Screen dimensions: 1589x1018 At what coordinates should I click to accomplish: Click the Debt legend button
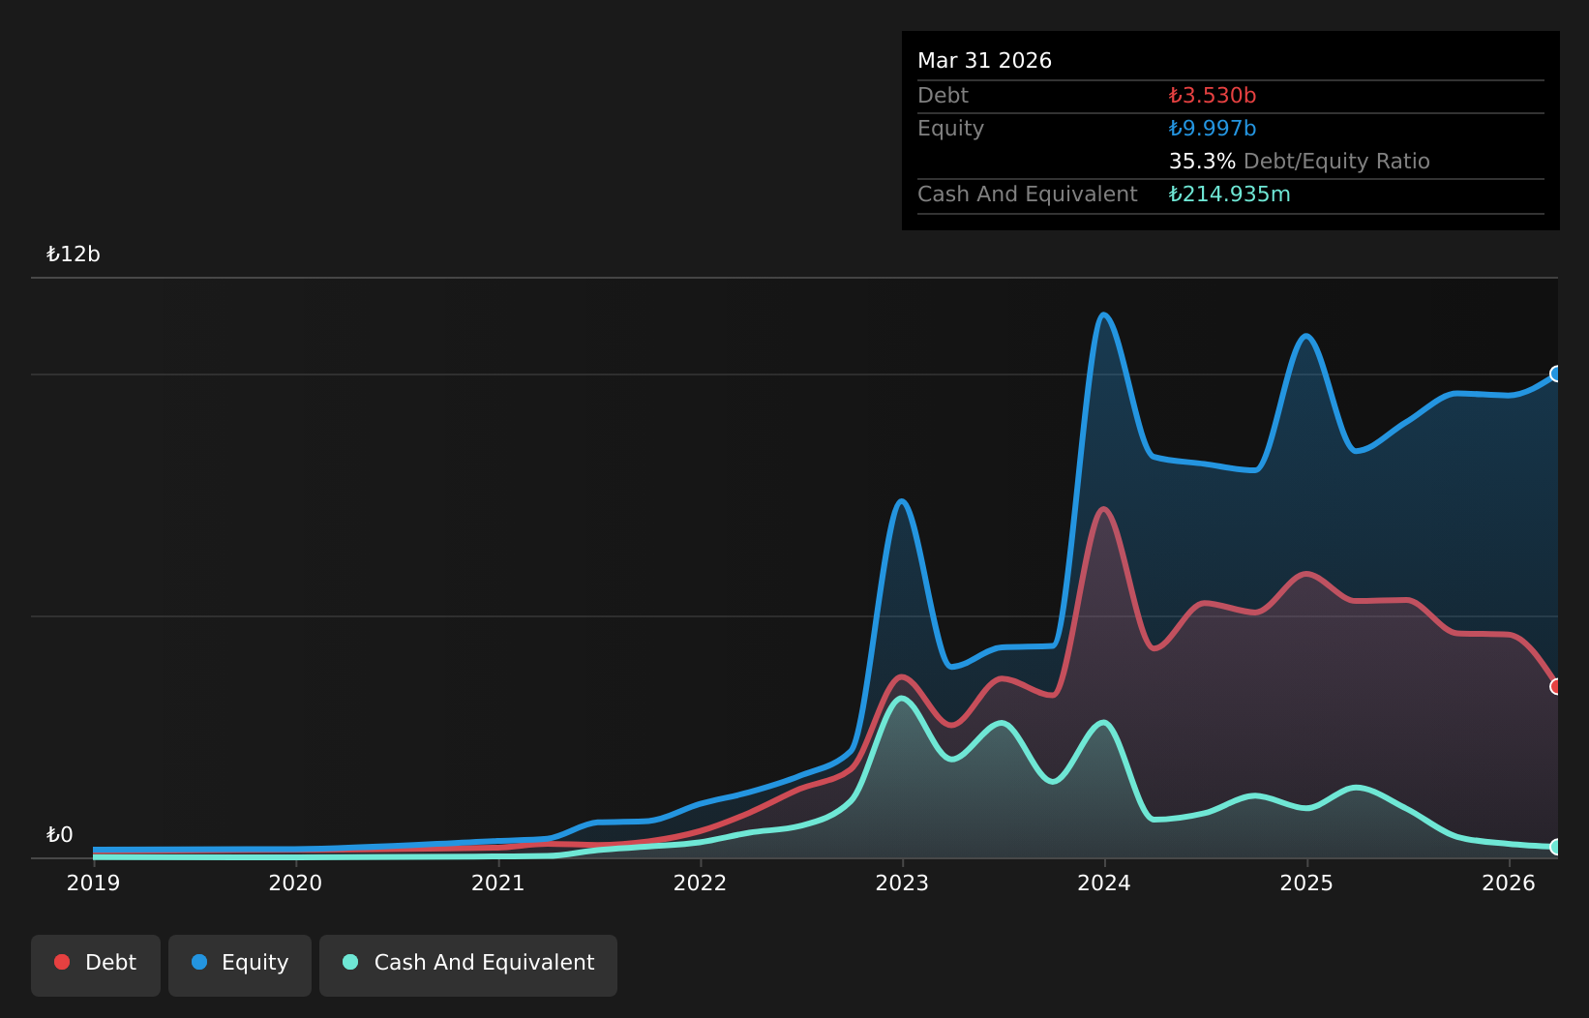[95, 965]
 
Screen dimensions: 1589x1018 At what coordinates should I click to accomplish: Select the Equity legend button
[240, 965]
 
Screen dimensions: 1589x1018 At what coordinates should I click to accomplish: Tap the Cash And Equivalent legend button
[468, 965]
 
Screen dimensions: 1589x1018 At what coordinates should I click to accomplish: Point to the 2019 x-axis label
[93, 883]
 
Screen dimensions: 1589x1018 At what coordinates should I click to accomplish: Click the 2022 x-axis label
[701, 883]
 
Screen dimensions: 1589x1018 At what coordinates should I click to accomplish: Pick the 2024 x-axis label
[1104, 883]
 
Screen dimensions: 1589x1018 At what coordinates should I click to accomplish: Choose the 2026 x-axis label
[1509, 883]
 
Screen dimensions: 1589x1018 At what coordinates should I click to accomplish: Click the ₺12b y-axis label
[74, 254]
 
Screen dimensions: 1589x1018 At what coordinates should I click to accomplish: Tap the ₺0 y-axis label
[60, 834]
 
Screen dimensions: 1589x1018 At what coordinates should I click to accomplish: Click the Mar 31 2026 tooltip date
[984, 61]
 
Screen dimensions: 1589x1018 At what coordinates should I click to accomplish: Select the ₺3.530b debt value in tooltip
[1213, 95]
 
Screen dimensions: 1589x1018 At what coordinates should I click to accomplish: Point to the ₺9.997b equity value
[1213, 129]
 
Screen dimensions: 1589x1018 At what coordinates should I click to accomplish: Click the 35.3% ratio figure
[1202, 162]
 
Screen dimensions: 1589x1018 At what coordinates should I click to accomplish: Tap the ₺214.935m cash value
[1229, 195]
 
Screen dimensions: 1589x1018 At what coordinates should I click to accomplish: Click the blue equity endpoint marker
[1556, 374]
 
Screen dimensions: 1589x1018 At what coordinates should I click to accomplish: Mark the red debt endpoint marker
[1556, 686]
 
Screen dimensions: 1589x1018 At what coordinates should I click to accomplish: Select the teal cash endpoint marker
[1556, 847]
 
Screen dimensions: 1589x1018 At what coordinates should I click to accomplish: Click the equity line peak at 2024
[1104, 314]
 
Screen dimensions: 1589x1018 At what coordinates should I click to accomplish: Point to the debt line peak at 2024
[1103, 509]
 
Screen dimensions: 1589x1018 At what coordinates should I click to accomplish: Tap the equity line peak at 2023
[902, 501]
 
